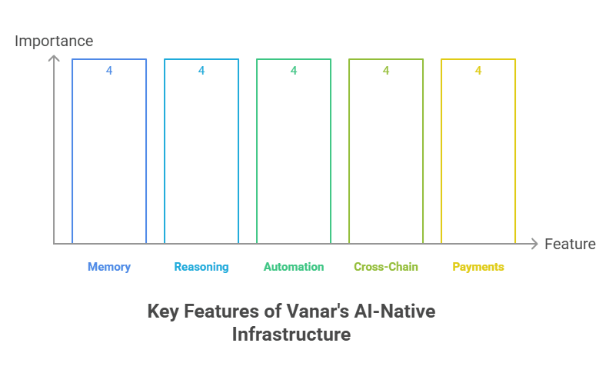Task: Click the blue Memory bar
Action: click(x=109, y=154)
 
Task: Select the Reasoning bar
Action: click(x=201, y=154)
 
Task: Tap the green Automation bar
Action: click(x=294, y=154)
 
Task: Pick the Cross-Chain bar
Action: click(x=386, y=154)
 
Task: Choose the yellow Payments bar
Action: click(x=478, y=154)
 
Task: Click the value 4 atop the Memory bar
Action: click(x=109, y=71)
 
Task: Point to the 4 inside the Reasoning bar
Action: click(x=201, y=71)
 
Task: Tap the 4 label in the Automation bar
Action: click(x=294, y=71)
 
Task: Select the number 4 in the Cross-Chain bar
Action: click(x=386, y=71)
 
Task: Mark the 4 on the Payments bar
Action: click(x=478, y=71)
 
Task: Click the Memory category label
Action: click(x=109, y=267)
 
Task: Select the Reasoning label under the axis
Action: click(x=201, y=267)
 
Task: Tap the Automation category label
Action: click(x=294, y=267)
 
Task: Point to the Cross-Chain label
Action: click(x=386, y=267)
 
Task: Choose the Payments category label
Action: click(x=478, y=267)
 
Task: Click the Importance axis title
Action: click(x=54, y=41)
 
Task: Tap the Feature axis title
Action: click(x=570, y=244)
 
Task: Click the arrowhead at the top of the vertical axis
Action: click(x=54, y=58)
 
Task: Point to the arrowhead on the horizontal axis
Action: click(x=534, y=244)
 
